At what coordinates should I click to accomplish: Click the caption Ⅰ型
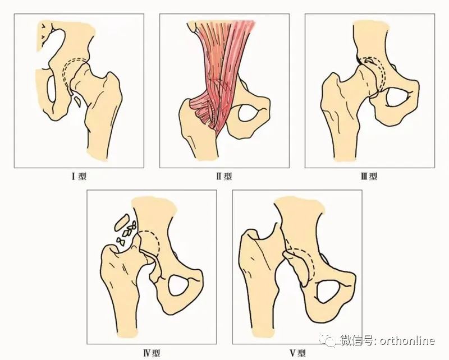tap(79, 176)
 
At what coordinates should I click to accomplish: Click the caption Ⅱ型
tap(224, 176)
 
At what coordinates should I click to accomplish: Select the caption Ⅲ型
tap(369, 176)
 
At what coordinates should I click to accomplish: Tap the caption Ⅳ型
tap(151, 353)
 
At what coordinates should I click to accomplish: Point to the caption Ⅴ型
tap(297, 353)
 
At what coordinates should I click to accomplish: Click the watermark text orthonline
tap(407, 340)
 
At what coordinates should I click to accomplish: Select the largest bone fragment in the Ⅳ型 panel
tap(121, 223)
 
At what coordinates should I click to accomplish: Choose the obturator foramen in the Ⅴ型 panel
tap(328, 292)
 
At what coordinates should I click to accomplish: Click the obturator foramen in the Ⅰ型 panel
tap(51, 88)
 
